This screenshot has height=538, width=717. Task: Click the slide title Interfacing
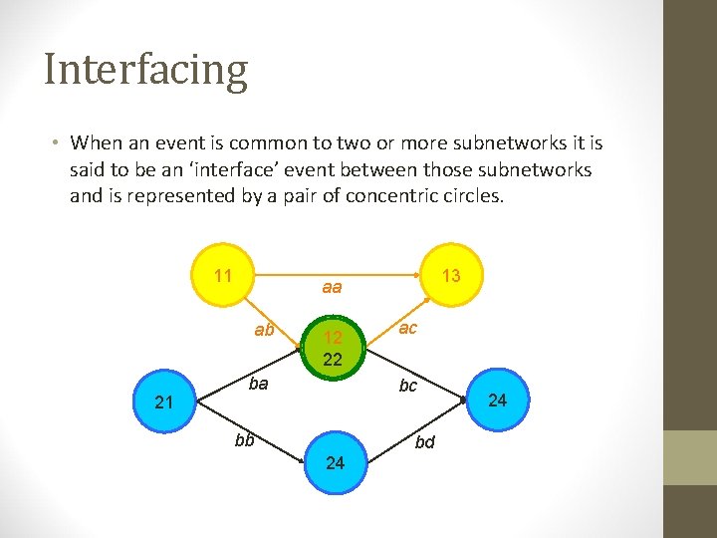coord(145,71)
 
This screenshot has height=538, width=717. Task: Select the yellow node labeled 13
coord(451,275)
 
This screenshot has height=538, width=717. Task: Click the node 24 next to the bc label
coord(498,401)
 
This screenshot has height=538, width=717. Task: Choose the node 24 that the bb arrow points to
coord(335,462)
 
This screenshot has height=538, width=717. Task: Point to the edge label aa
coord(332,288)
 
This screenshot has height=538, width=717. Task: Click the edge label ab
coord(264,330)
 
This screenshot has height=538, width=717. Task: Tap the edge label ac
coord(407,329)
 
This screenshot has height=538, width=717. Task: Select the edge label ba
coord(258,383)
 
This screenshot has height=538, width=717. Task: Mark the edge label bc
coord(407,386)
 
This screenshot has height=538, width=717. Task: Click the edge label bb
coord(244,439)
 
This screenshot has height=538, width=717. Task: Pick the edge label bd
coord(425,441)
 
